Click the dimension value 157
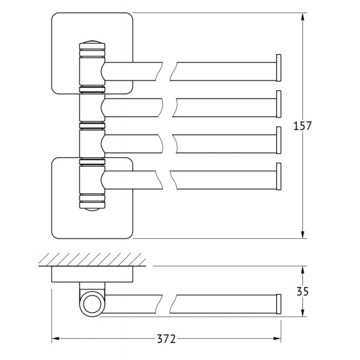tap(302, 126)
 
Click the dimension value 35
tap(302, 292)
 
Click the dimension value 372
tap(166, 339)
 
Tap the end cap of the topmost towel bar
tap(278, 68)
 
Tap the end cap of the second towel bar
tap(278, 104)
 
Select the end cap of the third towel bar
tap(278, 140)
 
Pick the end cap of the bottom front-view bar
tap(278, 176)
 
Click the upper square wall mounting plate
tap(92, 53)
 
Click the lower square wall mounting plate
tap(92, 198)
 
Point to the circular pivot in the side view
tap(92, 304)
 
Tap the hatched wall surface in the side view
tap(92, 260)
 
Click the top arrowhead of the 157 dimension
tap(302, 17)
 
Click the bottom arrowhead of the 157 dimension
tap(302, 235)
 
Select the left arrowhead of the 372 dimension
tap(56, 338)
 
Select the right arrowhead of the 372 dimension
tap(277, 338)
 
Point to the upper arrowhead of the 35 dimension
tap(302, 270)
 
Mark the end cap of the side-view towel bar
tap(278, 304)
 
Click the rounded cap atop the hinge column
tap(92, 42)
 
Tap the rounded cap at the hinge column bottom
tap(92, 209)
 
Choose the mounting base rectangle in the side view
tap(92, 274)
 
